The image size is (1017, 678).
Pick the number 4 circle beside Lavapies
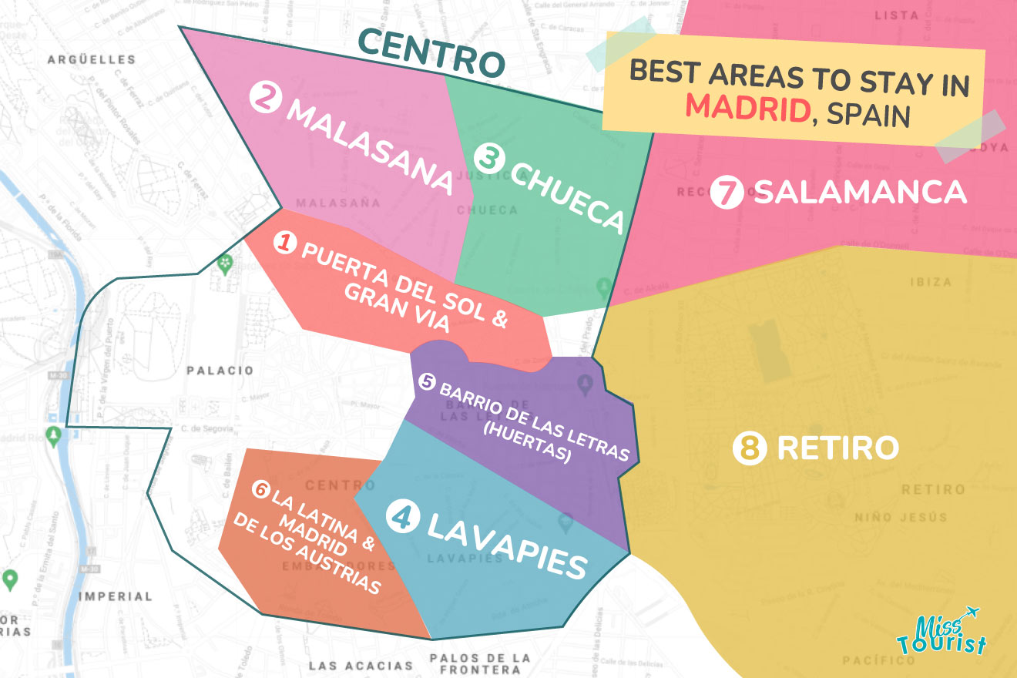402,515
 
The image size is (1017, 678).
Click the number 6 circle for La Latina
261,488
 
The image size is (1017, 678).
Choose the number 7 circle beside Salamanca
727,193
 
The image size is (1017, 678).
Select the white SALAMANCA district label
860,192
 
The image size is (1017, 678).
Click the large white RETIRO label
838,448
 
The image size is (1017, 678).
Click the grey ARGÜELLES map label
91,59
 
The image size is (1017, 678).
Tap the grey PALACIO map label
220,371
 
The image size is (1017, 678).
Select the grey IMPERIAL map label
116,596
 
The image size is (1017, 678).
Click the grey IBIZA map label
931,282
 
